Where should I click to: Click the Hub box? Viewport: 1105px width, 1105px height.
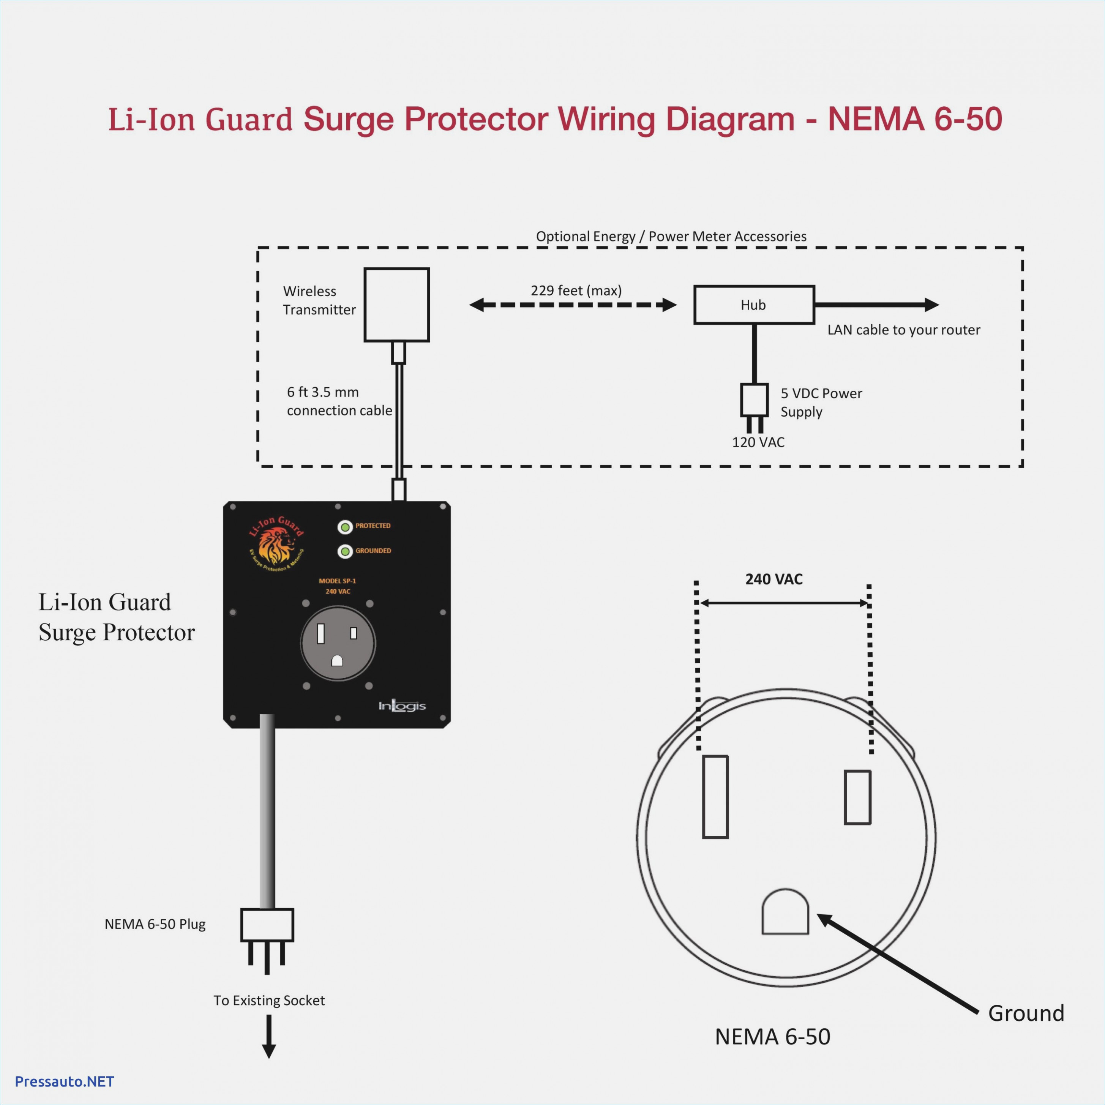(x=754, y=305)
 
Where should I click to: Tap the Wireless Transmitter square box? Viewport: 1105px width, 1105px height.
(x=396, y=305)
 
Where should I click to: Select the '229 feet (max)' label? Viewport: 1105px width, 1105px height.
(x=576, y=290)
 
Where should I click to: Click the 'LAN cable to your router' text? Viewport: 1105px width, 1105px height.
(x=904, y=330)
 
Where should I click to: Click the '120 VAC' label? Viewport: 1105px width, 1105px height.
(x=758, y=442)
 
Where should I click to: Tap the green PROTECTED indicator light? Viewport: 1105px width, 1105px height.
(x=345, y=527)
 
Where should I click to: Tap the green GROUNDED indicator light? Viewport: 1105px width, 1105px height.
(x=345, y=551)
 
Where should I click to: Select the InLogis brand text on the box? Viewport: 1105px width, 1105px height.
(x=402, y=706)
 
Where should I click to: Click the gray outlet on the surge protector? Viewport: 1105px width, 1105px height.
(x=338, y=643)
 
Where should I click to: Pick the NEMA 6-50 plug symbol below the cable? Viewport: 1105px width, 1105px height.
(x=267, y=925)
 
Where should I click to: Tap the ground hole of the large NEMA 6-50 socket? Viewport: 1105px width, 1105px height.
(x=785, y=912)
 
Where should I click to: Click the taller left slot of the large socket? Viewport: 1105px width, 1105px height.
(x=715, y=797)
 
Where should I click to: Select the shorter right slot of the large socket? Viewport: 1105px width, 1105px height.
(x=857, y=797)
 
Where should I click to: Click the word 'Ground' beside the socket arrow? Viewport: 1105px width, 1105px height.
(x=1026, y=1013)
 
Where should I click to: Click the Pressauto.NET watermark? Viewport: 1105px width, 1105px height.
(x=65, y=1081)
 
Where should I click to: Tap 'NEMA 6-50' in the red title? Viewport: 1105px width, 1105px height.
(x=914, y=120)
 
